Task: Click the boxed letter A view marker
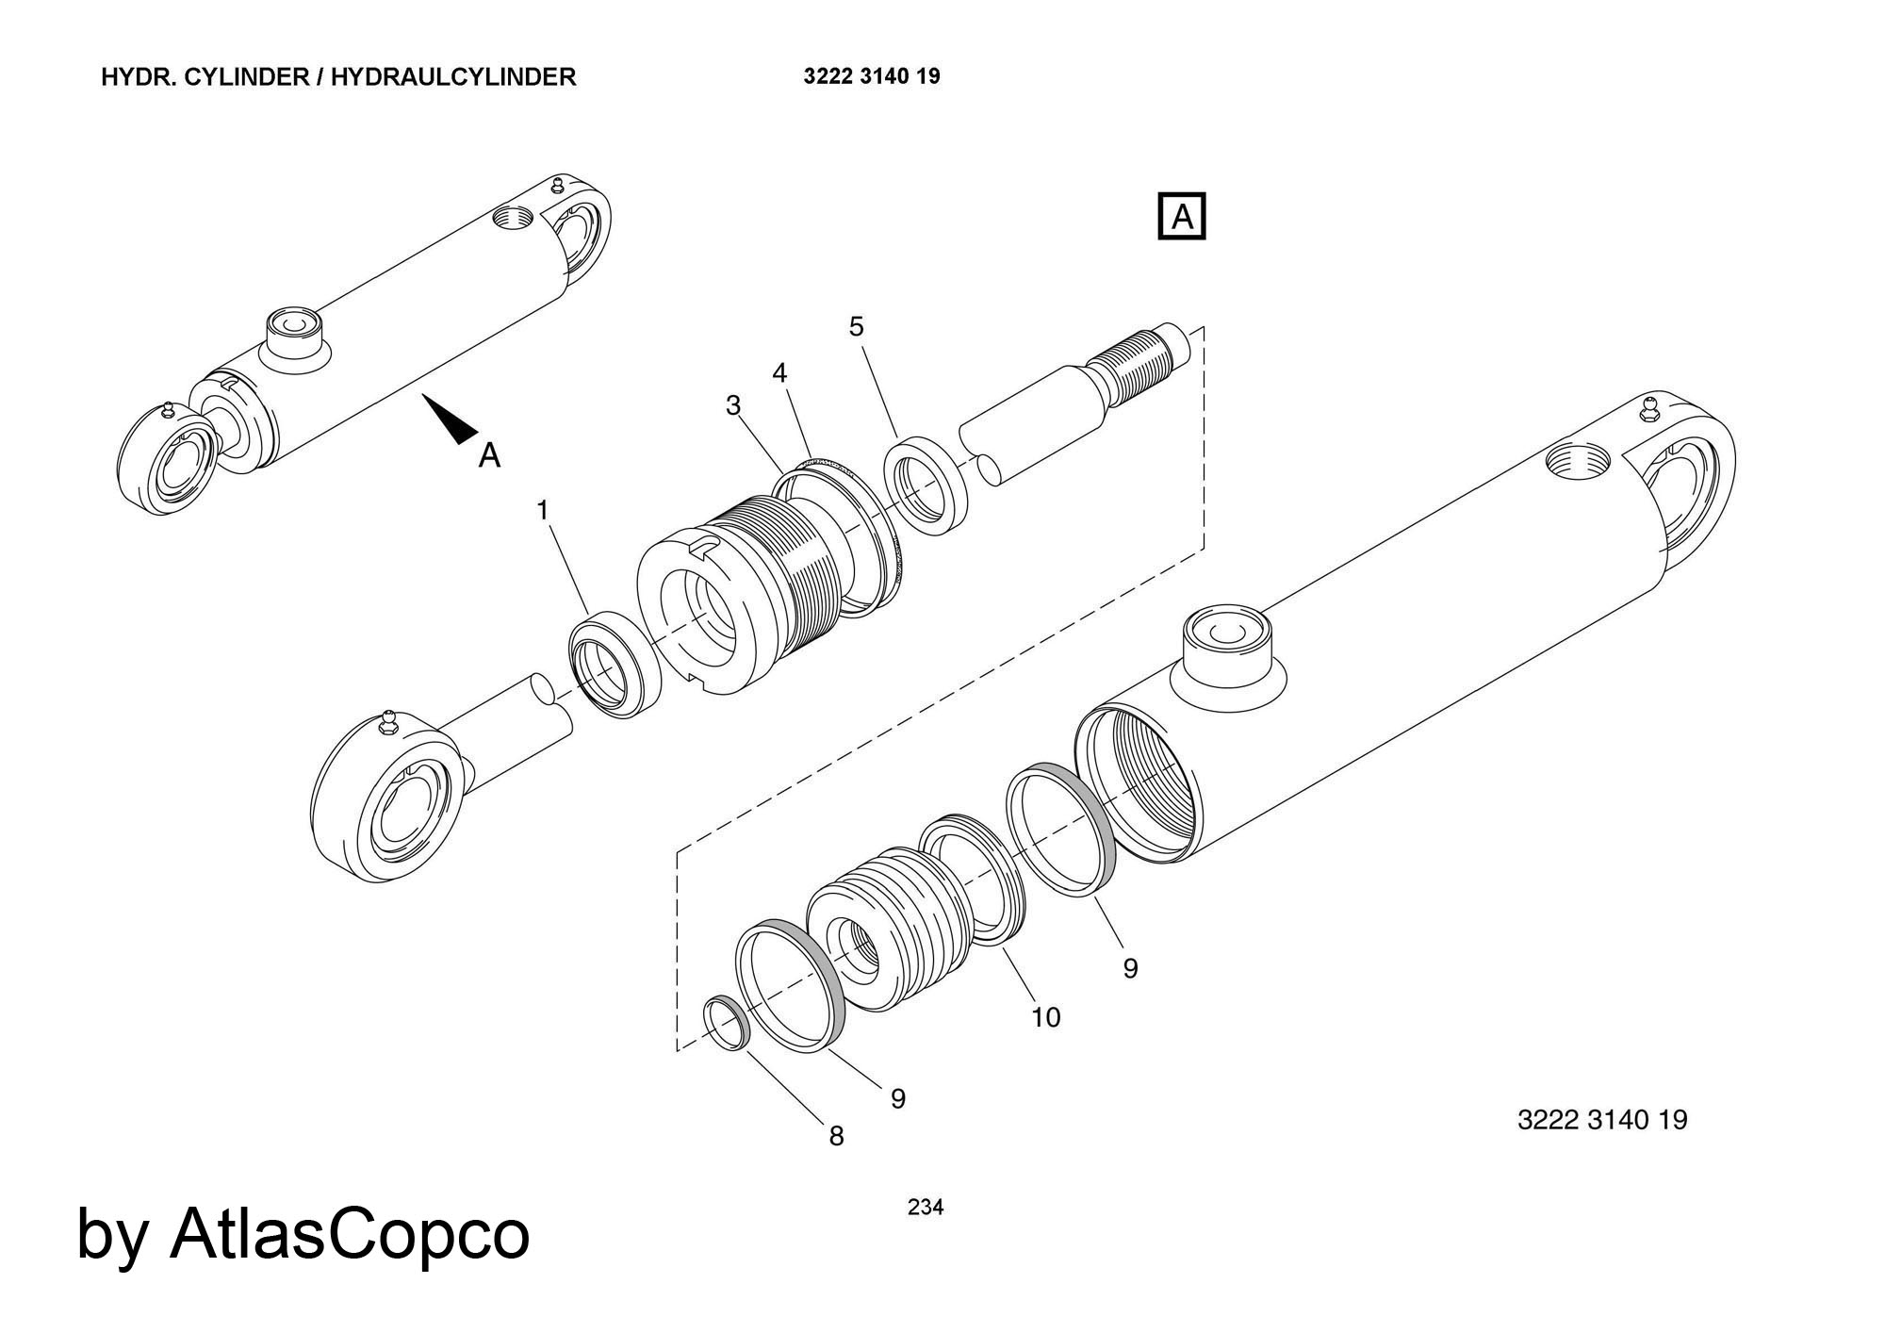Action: [x=1181, y=217]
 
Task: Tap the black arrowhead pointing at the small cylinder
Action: [x=451, y=420]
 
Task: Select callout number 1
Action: [x=543, y=510]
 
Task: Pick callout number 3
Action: [x=733, y=405]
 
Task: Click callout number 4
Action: [x=779, y=373]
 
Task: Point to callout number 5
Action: [x=856, y=327]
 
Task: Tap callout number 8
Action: [x=836, y=1137]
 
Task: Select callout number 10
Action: [x=1046, y=1017]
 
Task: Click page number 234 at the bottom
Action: [x=925, y=1207]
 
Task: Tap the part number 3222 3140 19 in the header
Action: [x=872, y=76]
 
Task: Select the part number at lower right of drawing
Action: [x=1602, y=1120]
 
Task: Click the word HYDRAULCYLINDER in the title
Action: [x=453, y=76]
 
